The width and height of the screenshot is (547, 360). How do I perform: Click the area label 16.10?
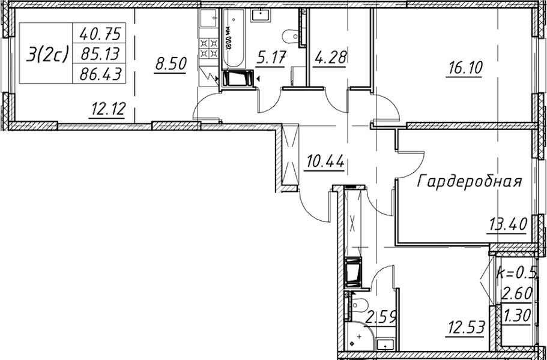[x=464, y=68]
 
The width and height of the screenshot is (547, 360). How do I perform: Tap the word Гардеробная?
[x=469, y=182]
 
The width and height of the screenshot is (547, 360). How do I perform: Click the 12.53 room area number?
[x=465, y=327]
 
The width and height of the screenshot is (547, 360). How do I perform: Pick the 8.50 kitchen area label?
[x=171, y=64]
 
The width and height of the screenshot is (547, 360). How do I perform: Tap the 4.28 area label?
[x=329, y=57]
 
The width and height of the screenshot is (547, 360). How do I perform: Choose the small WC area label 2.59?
[x=381, y=318]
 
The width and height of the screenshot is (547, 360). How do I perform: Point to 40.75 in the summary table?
[x=100, y=34]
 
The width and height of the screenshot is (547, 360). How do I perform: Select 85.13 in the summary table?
[x=100, y=54]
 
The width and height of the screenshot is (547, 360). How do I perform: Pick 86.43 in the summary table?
[x=100, y=74]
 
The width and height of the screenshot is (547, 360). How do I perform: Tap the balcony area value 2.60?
[x=516, y=293]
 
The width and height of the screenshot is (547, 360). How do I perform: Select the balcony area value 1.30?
[x=516, y=316]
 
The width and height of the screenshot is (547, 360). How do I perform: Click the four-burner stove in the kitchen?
[x=208, y=48]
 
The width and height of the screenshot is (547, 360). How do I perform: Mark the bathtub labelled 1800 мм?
[x=234, y=38]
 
